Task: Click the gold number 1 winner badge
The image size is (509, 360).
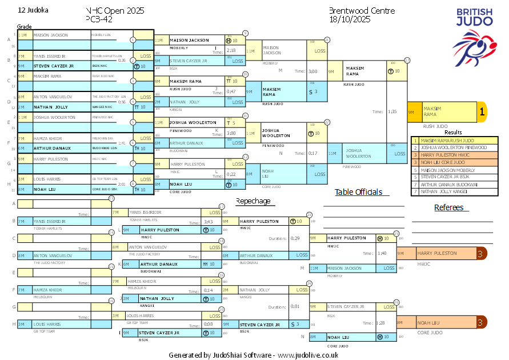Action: [482, 113]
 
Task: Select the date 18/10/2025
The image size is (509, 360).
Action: [350, 19]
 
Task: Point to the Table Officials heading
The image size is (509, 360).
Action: [358, 192]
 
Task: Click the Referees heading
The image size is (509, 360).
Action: [448, 207]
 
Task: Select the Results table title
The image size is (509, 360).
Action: [452, 132]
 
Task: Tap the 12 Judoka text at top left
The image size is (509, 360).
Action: [33, 10]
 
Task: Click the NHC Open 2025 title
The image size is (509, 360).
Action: [115, 11]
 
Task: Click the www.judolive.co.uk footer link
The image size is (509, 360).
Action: [308, 355]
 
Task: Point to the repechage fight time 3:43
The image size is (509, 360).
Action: [208, 222]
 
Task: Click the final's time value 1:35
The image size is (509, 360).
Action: [392, 112]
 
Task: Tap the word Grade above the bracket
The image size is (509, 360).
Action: [24, 27]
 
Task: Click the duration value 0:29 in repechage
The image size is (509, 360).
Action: [295, 238]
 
